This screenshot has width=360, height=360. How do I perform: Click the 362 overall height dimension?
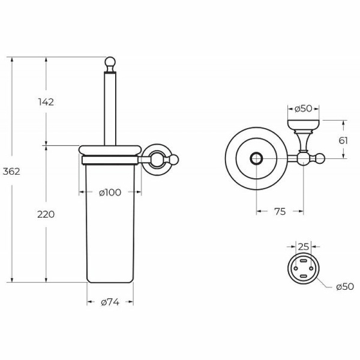click(11, 172)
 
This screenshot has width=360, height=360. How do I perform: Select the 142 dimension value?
click(46, 102)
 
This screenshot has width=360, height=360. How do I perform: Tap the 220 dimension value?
click(46, 214)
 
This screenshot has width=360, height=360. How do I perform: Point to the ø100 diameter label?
click(110, 193)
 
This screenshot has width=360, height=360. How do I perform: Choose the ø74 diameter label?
click(110, 302)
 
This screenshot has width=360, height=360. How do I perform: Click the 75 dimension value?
click(280, 211)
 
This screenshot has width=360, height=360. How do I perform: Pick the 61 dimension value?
click(343, 140)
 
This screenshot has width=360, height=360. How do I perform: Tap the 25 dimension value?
click(304, 247)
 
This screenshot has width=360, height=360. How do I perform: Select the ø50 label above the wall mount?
click(304, 109)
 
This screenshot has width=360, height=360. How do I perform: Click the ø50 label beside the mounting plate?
click(345, 287)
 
